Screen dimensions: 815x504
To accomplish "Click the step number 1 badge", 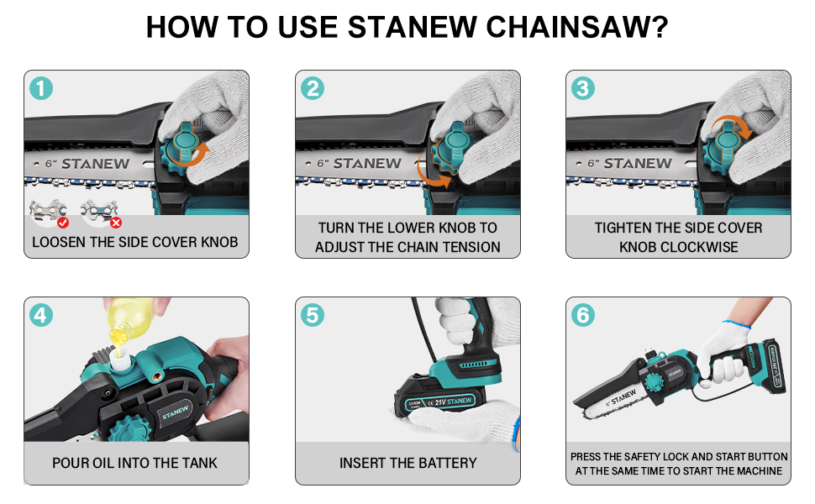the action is [x=41, y=88].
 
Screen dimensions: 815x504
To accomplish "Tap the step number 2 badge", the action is [x=313, y=88].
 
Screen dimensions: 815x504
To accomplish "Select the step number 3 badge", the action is [x=582, y=88].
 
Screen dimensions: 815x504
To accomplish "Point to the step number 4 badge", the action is [x=41, y=315].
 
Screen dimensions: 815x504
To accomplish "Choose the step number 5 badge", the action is [x=313, y=315].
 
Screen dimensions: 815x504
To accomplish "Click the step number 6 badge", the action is [x=582, y=315].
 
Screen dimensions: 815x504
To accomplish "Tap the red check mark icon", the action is [x=63, y=223].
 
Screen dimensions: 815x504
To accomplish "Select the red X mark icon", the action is [x=116, y=223].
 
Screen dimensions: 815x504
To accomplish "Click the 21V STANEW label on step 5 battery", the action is [x=453, y=402].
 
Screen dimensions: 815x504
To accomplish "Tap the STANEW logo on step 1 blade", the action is [x=96, y=164].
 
